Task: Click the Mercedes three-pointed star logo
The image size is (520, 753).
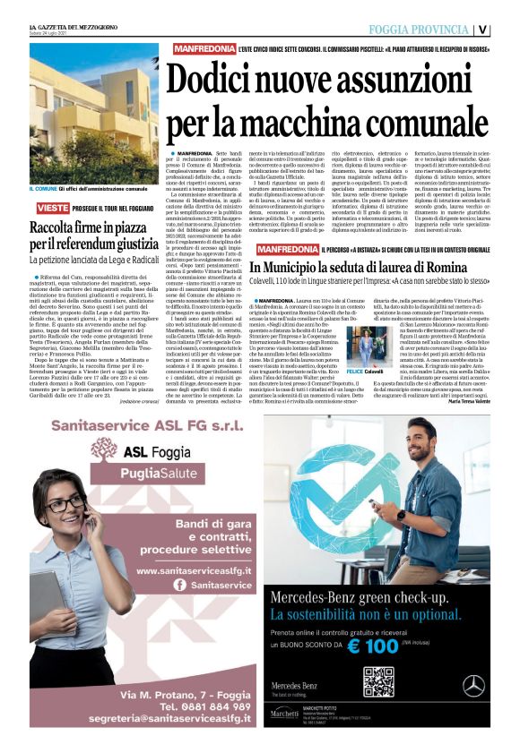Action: point(473,686)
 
